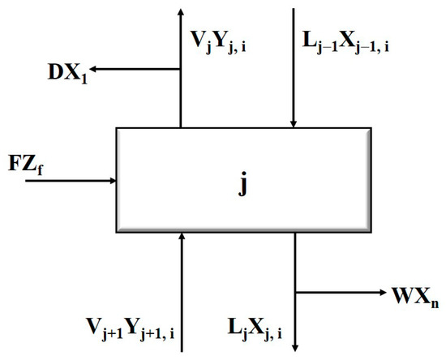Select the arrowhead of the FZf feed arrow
pos(113,179)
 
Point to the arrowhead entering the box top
pos(294,122)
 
